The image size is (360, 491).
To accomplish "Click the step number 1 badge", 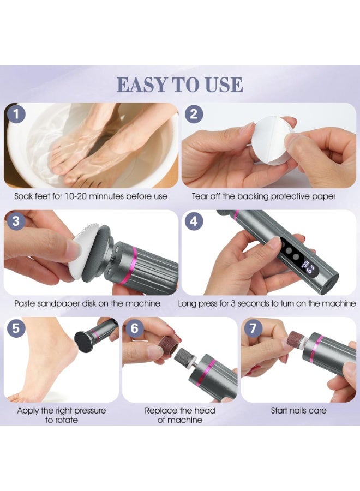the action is click(x=16, y=115).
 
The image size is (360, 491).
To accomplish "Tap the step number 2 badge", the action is click(x=194, y=114).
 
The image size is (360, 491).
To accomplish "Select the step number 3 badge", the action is click(x=16, y=221).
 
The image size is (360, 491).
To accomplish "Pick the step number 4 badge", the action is click(x=194, y=221).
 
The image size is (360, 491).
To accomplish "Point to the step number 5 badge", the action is click(x=16, y=328).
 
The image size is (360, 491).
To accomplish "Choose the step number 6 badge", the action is click(x=135, y=328).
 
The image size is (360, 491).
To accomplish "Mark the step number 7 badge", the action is click(x=253, y=328).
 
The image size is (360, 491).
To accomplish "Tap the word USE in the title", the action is click(x=224, y=85).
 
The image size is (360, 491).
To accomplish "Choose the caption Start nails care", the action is click(x=299, y=410).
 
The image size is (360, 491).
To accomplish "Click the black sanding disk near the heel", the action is click(x=85, y=340).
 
